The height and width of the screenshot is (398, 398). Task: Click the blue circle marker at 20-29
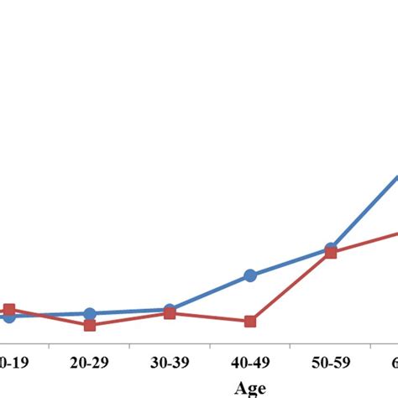pos(90,314)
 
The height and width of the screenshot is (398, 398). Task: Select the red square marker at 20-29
pos(90,324)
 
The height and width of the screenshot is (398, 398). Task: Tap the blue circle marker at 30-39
pos(169,310)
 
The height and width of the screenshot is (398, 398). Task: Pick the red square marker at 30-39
pos(169,313)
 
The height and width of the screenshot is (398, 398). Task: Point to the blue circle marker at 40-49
pos(250,275)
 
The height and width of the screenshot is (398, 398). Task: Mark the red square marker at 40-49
pos(250,322)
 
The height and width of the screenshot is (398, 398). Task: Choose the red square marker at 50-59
pos(331,253)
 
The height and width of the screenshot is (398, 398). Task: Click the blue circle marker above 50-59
pos(331,249)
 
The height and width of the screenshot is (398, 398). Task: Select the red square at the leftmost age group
pos(9,309)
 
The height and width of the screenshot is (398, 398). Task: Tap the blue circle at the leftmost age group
pos(9,317)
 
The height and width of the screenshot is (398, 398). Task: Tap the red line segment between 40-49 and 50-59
pos(291,287)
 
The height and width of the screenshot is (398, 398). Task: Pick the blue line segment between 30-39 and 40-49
pos(210,292)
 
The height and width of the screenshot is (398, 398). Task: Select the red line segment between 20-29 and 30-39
pos(129,319)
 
